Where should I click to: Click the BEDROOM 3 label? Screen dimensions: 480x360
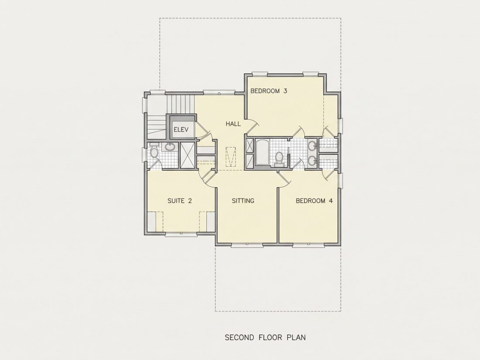click(268, 91)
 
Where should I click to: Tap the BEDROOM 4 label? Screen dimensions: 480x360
click(314, 201)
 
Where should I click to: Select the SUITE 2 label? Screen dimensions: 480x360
click(180, 201)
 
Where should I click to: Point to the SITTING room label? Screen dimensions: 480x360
click(243, 201)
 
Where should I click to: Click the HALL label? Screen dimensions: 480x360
click(233, 124)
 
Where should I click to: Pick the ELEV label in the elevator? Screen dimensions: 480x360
click(181, 130)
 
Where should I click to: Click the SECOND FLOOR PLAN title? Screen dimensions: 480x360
click(265, 337)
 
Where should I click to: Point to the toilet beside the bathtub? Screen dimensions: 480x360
click(279, 159)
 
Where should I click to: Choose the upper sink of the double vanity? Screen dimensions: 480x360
click(312, 146)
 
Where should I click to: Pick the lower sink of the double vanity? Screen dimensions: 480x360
click(312, 161)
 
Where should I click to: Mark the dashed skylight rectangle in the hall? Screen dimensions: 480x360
click(231, 157)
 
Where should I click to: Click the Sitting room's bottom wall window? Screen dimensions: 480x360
click(247, 245)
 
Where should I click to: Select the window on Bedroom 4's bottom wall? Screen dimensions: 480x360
click(308, 245)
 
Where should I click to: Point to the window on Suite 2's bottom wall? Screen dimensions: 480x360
click(181, 234)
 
